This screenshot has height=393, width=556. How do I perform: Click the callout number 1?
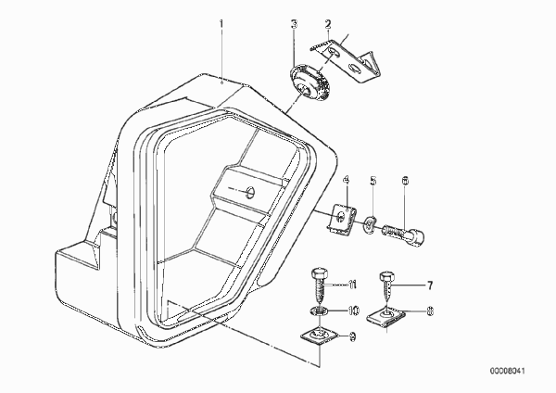221,24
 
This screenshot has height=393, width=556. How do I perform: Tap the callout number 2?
328,24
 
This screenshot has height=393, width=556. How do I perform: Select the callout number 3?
294,24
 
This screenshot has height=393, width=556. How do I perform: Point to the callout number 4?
346,180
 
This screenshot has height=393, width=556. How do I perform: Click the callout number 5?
373,181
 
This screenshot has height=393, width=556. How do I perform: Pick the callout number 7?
429,285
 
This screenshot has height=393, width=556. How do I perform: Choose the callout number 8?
430,311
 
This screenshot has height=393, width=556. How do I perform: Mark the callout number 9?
352,336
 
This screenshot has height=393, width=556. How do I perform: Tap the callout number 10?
353,311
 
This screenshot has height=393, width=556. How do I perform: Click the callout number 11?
352,285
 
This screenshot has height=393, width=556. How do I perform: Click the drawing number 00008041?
508,371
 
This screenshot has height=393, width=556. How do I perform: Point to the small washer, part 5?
370,225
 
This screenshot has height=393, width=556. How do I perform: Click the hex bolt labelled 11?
320,288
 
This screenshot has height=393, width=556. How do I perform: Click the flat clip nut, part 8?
386,317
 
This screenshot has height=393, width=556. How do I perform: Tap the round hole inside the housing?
251,192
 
